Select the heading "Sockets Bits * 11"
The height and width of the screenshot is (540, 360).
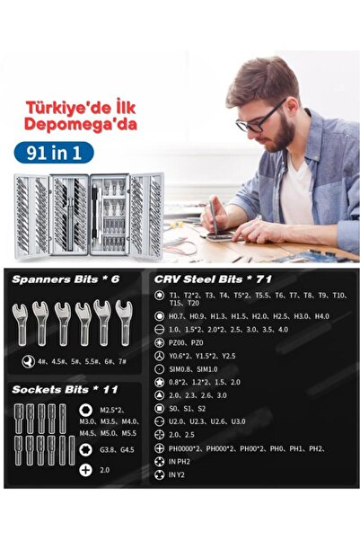(x=66, y=390)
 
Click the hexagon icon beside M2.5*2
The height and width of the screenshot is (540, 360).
(x=85, y=410)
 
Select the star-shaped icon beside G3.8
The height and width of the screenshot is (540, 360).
(x=85, y=451)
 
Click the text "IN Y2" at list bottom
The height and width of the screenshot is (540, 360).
(x=177, y=474)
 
